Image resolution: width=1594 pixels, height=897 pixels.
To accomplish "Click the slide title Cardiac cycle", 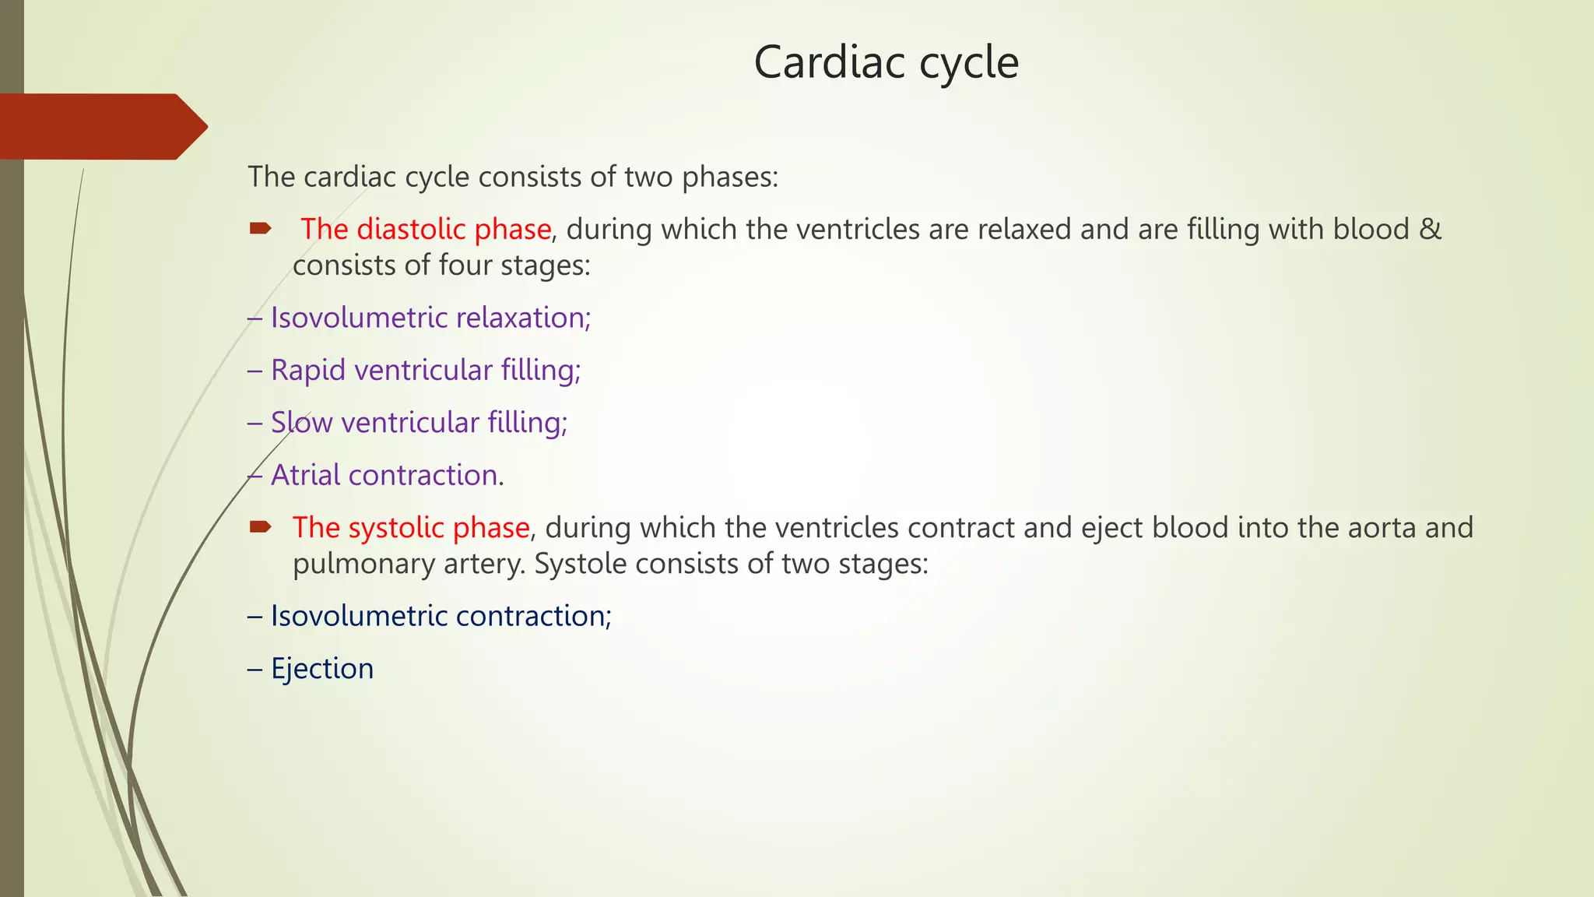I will (x=886, y=62).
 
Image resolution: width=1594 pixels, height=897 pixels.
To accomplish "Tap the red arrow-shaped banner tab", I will (x=101, y=127).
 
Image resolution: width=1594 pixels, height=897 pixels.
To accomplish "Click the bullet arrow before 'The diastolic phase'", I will (x=260, y=228).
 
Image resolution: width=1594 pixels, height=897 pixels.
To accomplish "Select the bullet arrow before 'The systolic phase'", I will (x=260, y=527).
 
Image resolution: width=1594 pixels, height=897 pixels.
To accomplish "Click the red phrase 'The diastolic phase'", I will (x=426, y=230).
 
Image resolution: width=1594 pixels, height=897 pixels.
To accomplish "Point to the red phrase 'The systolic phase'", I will (x=411, y=528).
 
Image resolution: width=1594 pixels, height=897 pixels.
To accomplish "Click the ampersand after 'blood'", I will (x=1431, y=230).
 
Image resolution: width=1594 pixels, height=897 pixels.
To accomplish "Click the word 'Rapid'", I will (x=307, y=371).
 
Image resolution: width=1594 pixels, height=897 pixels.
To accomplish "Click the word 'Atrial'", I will (x=305, y=475).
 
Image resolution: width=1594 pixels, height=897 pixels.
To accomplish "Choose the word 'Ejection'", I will (x=322, y=669).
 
